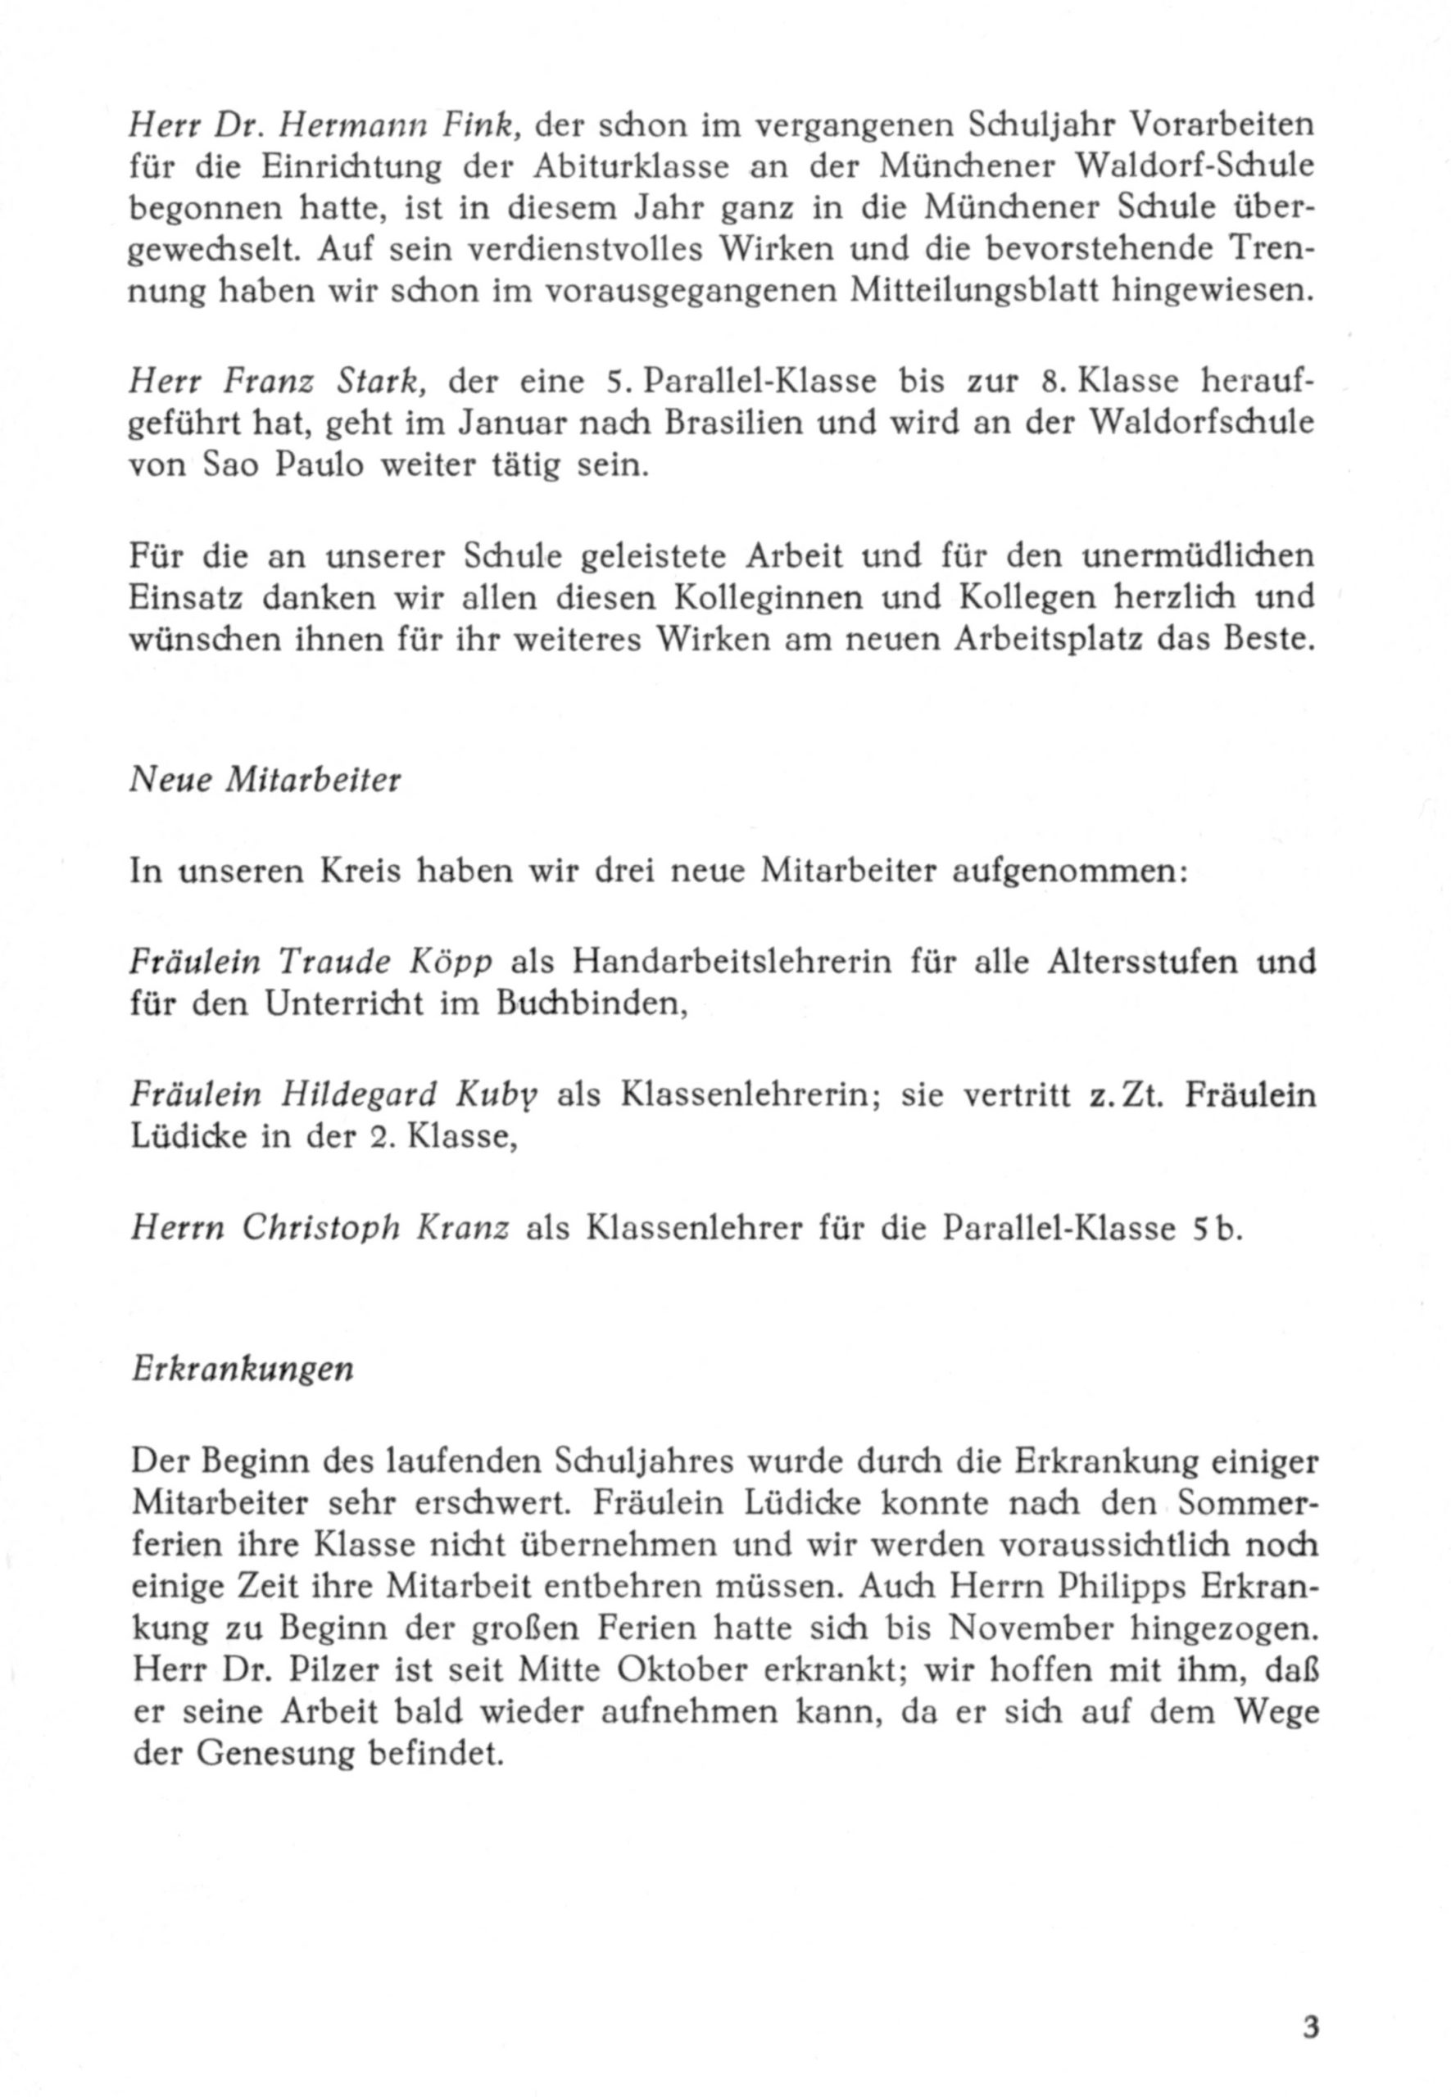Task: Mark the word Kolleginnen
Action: point(805,597)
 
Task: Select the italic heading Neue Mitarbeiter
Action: point(265,781)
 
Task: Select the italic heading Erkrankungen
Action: point(242,1370)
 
